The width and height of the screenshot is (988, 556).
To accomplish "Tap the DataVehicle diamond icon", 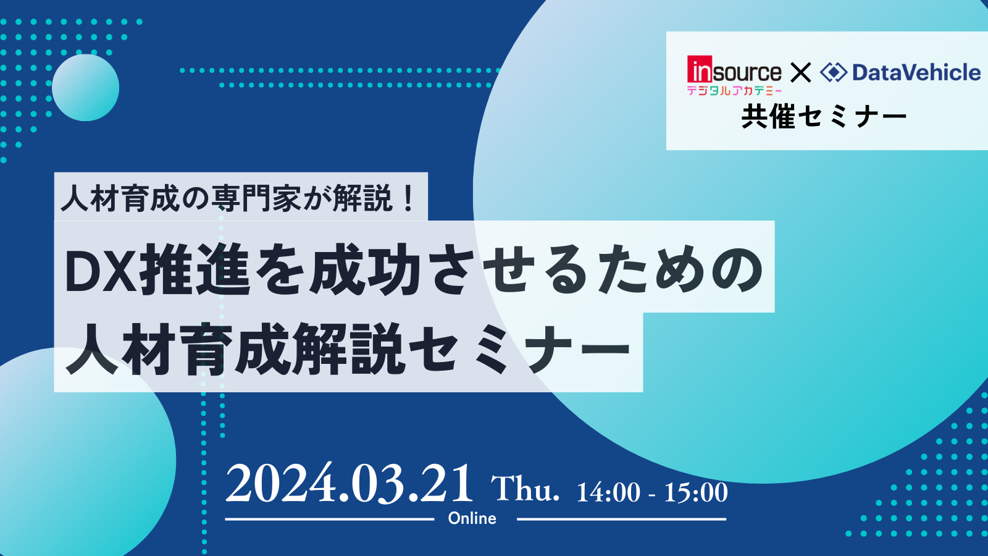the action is coord(834,72).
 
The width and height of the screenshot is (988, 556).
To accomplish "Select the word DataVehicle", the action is coord(916,72).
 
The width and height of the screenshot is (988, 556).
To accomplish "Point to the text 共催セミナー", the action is coord(824,117).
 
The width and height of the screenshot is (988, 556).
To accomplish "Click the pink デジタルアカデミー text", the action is coord(734,90).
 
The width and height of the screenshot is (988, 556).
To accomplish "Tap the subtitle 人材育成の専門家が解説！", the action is coord(238,198).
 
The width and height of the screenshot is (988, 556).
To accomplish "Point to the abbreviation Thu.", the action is coord(525,489).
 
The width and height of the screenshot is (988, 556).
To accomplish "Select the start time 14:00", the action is coord(608,492).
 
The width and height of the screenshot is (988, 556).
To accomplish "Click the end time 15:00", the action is coord(695,492).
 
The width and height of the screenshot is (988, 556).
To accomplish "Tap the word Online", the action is coord(472,518).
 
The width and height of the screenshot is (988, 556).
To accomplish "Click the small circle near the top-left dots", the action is coord(86,87).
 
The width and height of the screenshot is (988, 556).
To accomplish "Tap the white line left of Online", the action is coord(330,520).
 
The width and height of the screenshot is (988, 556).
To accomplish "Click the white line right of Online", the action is coord(621,520).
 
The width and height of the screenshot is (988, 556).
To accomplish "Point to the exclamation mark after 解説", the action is coord(408,198).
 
